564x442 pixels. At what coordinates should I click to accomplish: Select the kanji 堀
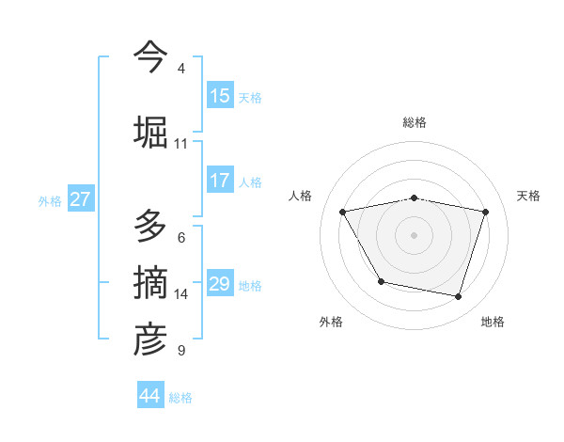pyautogui.click(x=150, y=131)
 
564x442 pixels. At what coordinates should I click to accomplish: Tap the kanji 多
pyautogui.click(x=150, y=226)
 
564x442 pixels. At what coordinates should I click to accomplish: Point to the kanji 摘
pyautogui.click(x=150, y=283)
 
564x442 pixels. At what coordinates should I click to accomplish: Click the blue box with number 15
pyautogui.click(x=220, y=96)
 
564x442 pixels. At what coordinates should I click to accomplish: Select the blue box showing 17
pyautogui.click(x=220, y=181)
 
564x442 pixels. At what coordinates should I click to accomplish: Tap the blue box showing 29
pyautogui.click(x=220, y=284)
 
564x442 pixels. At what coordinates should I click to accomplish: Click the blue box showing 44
pyautogui.click(x=150, y=396)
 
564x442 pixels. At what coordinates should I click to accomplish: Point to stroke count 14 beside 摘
pyautogui.click(x=181, y=294)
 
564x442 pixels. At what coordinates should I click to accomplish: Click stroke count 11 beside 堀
pyautogui.click(x=181, y=144)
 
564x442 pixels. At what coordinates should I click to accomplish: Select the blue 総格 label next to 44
pyautogui.click(x=180, y=398)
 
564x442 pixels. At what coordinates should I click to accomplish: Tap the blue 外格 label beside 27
pyautogui.click(x=50, y=200)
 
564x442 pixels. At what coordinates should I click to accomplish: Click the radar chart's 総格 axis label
pyautogui.click(x=415, y=122)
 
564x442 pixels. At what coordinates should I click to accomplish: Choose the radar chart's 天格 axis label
pyautogui.click(x=529, y=196)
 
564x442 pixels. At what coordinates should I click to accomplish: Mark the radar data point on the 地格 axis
pyautogui.click(x=459, y=297)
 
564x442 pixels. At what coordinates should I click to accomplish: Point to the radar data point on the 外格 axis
pyautogui.click(x=381, y=281)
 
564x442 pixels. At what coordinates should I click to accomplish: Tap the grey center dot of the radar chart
pyautogui.click(x=415, y=235)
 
